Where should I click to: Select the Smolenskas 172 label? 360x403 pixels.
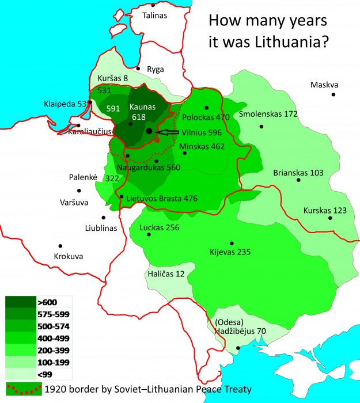pos(268,114)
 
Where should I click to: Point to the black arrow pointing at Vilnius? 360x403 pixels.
pos(167,132)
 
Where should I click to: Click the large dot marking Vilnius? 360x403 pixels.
pos(149,131)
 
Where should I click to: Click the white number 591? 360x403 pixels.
pos(113,108)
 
